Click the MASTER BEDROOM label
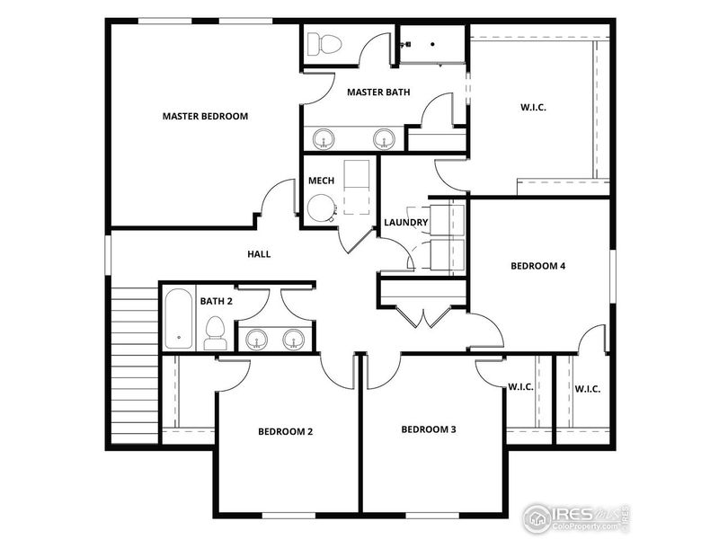tap(205, 116)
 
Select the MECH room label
tap(321, 181)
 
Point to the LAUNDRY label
tap(405, 223)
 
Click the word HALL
tap(259, 254)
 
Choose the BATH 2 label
tap(216, 301)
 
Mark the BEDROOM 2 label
tap(285, 431)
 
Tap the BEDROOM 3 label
tap(429, 429)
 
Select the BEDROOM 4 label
tap(537, 266)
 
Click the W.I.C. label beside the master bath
tap(533, 107)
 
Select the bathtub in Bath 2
tap(178, 320)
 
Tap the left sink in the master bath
tap(324, 138)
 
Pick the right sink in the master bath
tap(384, 138)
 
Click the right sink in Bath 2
tap(294, 339)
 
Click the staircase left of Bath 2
tap(135, 359)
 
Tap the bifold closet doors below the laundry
tap(423, 315)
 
